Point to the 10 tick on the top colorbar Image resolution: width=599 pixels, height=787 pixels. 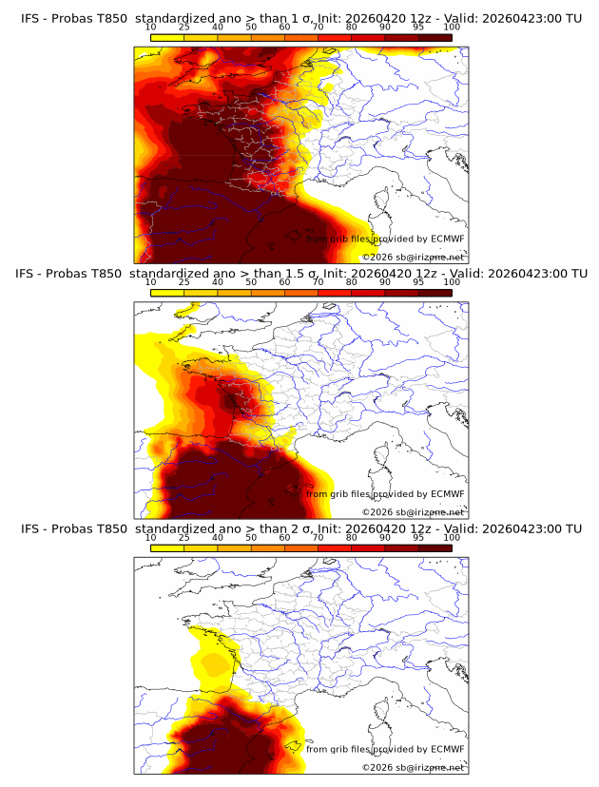point(151,27)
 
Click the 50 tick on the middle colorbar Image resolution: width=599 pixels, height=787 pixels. point(251,282)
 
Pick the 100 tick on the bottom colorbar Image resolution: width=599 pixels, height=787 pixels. point(452,537)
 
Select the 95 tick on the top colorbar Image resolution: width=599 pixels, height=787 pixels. point(418,27)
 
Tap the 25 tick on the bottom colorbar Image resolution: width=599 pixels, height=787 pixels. point(184,537)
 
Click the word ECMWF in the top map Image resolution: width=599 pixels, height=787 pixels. point(447,240)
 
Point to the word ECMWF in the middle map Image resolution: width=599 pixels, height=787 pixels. point(447,494)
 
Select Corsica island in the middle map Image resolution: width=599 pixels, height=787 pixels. point(383,456)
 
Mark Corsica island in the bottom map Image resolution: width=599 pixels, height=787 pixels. point(383,711)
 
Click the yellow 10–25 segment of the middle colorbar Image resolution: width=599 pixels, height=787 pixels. point(167,292)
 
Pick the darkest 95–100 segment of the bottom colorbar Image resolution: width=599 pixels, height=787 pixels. point(435,547)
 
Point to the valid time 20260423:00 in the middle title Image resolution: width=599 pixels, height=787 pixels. point(528,274)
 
